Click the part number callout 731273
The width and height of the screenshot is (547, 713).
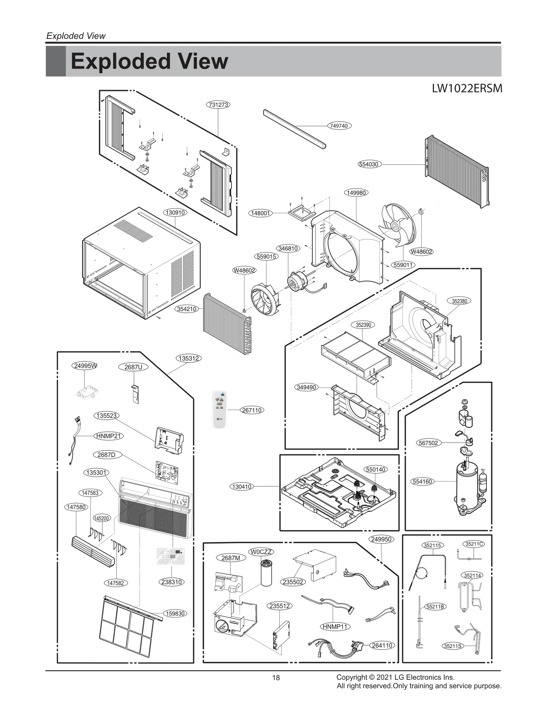tap(218, 105)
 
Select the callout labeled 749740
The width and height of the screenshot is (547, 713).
tap(339, 126)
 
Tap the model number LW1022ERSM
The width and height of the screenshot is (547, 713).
tap(467, 89)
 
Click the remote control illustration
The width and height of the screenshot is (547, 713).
tap(219, 409)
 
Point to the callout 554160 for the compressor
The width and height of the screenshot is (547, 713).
tap(422, 482)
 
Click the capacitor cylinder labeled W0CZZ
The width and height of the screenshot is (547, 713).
tap(266, 573)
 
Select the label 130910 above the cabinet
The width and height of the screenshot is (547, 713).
tap(175, 213)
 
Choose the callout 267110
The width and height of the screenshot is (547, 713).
tap(252, 410)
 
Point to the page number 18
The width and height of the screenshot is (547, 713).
tap(276, 678)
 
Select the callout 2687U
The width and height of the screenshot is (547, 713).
tap(133, 367)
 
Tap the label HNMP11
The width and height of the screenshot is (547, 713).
tap(335, 627)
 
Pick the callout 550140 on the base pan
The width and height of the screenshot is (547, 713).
tap(376, 470)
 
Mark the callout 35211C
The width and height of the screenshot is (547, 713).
tap(475, 544)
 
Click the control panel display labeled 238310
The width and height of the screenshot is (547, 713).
tap(171, 556)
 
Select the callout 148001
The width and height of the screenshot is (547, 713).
tap(261, 213)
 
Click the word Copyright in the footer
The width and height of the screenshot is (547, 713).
tap(351, 677)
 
